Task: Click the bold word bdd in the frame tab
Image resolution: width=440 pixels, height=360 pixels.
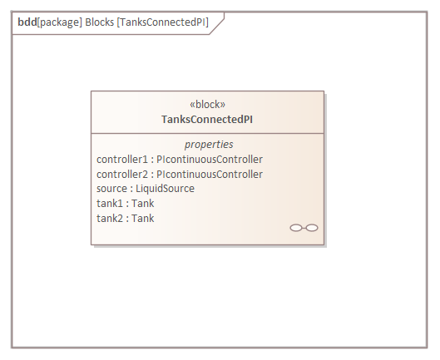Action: click(x=27, y=22)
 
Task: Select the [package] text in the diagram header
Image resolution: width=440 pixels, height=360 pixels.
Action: click(x=60, y=22)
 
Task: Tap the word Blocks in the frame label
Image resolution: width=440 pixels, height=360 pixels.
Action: click(x=99, y=22)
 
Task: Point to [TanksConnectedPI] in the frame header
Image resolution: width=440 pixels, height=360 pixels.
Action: click(x=163, y=22)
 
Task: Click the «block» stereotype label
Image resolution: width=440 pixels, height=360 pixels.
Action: click(x=207, y=105)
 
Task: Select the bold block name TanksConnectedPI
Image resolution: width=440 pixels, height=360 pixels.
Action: click(x=207, y=120)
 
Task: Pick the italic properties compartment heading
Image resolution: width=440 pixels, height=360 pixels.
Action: click(x=209, y=145)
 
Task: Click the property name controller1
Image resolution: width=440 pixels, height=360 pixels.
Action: click(x=122, y=160)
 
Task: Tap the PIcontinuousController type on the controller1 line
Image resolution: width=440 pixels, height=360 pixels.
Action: click(x=210, y=160)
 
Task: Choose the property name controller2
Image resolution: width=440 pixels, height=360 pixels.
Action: click(x=122, y=175)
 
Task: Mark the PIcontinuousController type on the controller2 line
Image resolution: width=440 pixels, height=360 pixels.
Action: click(x=210, y=175)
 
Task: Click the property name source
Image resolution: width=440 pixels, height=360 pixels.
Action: click(x=111, y=189)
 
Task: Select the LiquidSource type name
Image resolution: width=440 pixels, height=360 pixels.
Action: click(x=165, y=189)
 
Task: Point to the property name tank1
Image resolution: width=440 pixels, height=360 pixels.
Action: click(x=110, y=204)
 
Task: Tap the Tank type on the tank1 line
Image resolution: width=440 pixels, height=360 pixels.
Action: click(x=143, y=204)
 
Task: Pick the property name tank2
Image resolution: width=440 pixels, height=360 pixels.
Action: click(x=110, y=219)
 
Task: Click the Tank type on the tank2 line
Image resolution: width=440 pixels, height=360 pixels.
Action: click(x=143, y=219)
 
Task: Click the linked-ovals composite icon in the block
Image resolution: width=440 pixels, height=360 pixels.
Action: click(x=304, y=228)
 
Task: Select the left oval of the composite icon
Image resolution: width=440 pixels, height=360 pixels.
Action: click(x=296, y=228)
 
